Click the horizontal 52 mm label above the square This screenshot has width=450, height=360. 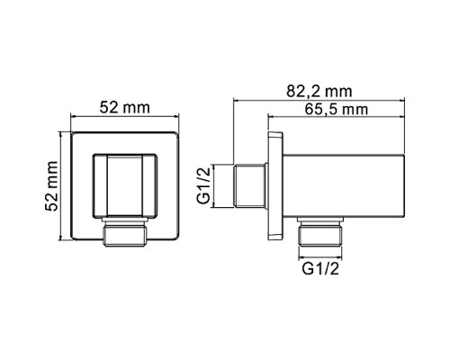[x=123, y=108]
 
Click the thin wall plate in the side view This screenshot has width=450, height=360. [x=274, y=184]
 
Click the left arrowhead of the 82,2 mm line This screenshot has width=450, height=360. [x=238, y=101]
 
